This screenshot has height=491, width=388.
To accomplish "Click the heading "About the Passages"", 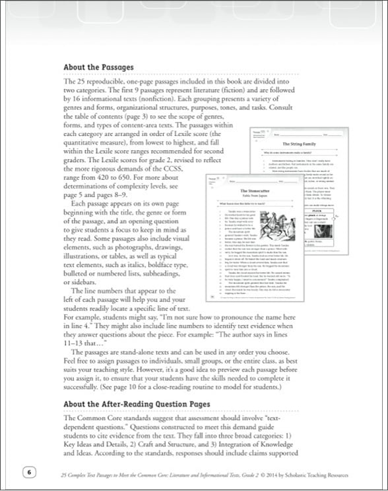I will [x=98, y=67].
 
